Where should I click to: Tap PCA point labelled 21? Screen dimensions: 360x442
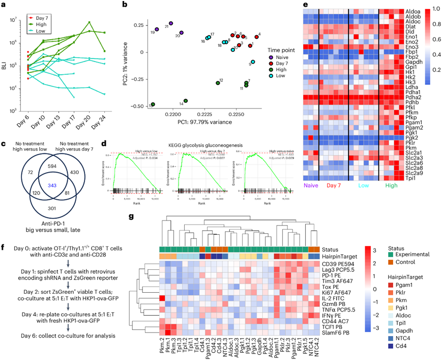click(x=171, y=23)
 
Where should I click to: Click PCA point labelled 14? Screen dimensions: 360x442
click(x=186, y=101)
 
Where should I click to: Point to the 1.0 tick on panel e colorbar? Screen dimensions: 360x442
click(x=431, y=9)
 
